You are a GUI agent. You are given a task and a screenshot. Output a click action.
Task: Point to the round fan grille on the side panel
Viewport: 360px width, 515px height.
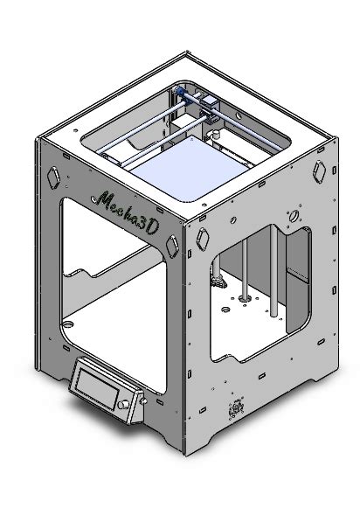tap(235, 410)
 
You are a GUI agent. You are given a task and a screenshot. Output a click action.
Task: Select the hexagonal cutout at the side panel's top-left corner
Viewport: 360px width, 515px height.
tap(203, 236)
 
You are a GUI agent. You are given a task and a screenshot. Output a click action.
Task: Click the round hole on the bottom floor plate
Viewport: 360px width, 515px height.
tap(66, 324)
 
